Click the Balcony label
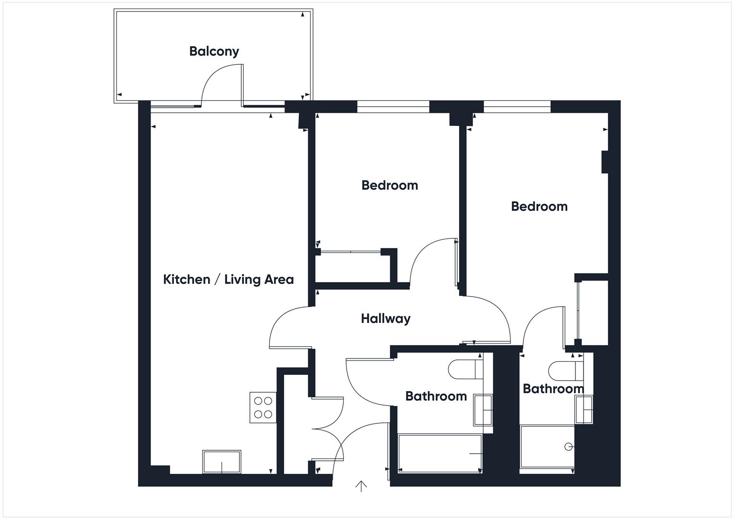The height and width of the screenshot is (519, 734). [214, 51]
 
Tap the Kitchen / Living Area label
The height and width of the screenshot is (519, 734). [228, 279]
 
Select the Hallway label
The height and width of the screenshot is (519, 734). [386, 318]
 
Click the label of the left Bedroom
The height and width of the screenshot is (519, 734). [389, 185]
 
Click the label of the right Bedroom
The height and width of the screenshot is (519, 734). [539, 206]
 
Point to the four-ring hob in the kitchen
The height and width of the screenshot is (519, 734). [263, 408]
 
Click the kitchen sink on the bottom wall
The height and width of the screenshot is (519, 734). [222, 462]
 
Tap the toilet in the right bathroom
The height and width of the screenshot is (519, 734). [565, 370]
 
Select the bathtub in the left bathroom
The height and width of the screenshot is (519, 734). [440, 453]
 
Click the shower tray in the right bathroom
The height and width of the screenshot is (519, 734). [547, 447]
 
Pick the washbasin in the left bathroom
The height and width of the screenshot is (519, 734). [483, 410]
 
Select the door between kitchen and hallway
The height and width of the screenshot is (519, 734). [288, 327]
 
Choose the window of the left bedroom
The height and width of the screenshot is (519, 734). [393, 107]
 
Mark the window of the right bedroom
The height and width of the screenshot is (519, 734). [517, 107]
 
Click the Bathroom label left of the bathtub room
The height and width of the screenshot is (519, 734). [435, 396]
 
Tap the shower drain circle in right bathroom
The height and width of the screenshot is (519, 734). [568, 446]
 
